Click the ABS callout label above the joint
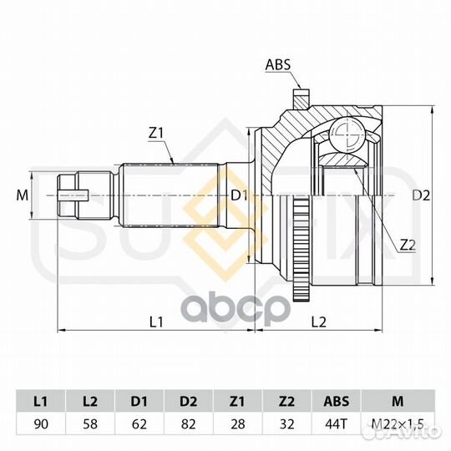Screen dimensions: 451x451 pos(278,64)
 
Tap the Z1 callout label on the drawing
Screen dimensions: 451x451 pos(156,133)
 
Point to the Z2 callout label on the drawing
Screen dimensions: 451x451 pos(408,245)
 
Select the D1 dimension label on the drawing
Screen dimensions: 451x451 pos(240,196)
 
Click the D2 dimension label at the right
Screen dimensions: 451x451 pos(421,195)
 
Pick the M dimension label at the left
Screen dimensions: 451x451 pos(23,195)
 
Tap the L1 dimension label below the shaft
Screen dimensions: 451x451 pos(156,322)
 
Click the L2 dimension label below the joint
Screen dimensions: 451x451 pos(319,322)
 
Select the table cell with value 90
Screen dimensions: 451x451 pos(41,424)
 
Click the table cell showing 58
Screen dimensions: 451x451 pos(90,424)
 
